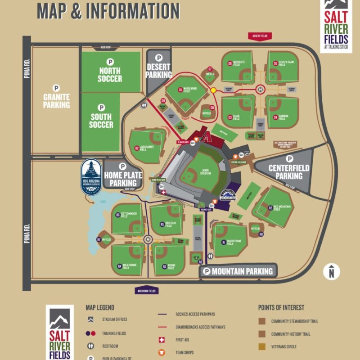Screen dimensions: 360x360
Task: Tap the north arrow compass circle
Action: [332, 271]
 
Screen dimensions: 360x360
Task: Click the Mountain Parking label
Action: [238, 271]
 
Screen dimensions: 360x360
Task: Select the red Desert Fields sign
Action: [260, 36]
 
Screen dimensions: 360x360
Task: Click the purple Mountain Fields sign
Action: [147, 291]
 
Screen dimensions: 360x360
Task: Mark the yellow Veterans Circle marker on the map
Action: [213, 90]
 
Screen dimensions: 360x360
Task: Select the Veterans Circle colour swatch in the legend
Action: [261, 346]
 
